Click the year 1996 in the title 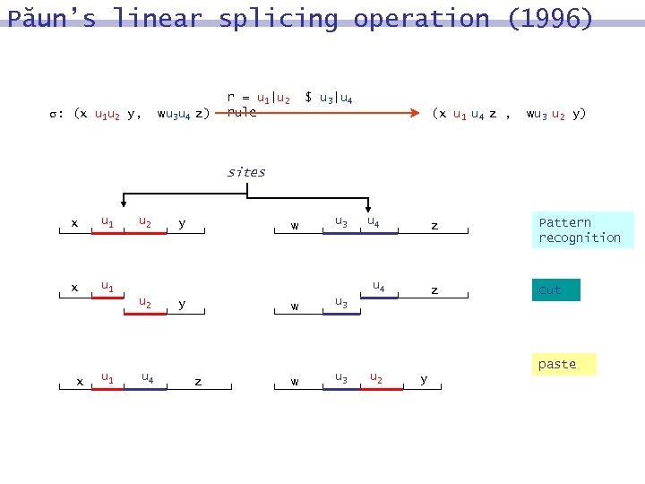point(550,19)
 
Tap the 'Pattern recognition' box point(580,229)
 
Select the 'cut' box point(556,290)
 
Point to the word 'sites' point(245,172)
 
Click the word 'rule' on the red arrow point(242,113)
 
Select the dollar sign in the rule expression point(309,97)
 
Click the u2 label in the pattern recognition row point(145,221)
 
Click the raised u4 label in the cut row point(379,288)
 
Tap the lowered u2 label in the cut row point(145,304)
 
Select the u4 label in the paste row point(147,377)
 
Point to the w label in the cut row point(295,306)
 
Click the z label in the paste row point(198,381)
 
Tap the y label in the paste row point(424,379)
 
